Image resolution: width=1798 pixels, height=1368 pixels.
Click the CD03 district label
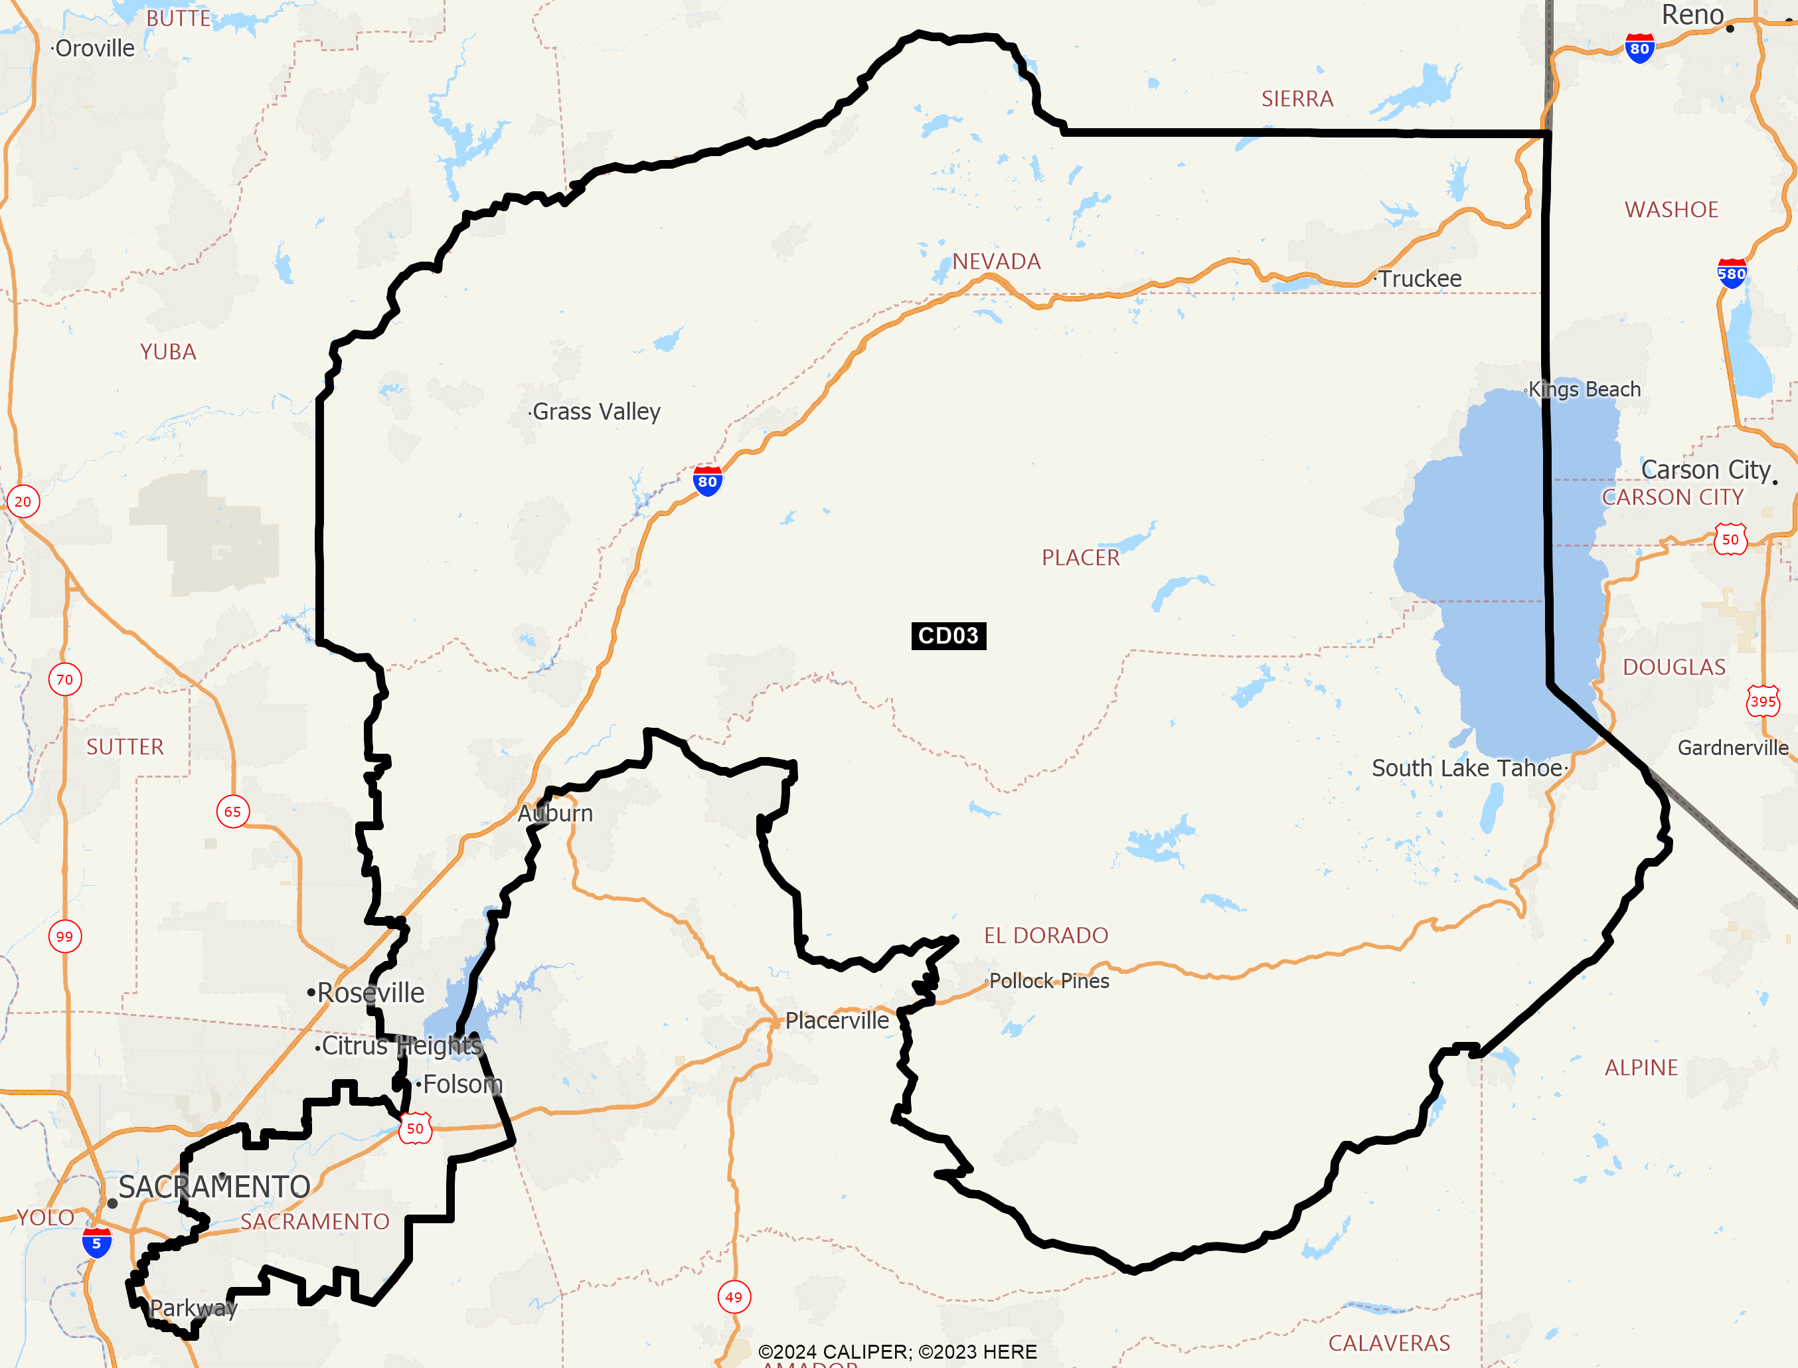(x=948, y=635)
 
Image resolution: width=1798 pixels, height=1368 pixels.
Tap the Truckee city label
(x=1420, y=278)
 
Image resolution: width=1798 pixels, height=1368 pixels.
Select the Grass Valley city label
(x=596, y=412)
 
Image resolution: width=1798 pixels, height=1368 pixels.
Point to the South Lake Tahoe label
(x=1467, y=768)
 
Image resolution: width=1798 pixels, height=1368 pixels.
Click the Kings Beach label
(x=1584, y=389)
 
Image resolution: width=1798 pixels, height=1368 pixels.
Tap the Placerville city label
(x=836, y=1020)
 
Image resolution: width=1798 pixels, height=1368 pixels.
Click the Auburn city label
(x=555, y=813)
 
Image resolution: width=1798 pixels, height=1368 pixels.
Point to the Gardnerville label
(x=1733, y=748)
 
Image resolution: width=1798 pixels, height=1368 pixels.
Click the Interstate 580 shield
(x=1731, y=274)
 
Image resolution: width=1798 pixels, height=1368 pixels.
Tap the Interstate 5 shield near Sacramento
(x=96, y=1243)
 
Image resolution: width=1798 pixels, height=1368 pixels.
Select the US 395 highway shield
(x=1763, y=701)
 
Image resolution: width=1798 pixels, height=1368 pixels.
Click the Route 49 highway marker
(x=734, y=1297)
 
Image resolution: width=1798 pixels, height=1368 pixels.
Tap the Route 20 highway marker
(x=23, y=501)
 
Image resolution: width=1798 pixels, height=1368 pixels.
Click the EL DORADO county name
(x=1046, y=935)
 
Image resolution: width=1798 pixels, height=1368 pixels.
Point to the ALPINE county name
(x=1641, y=1068)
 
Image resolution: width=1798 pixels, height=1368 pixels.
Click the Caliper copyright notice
(x=897, y=1351)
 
